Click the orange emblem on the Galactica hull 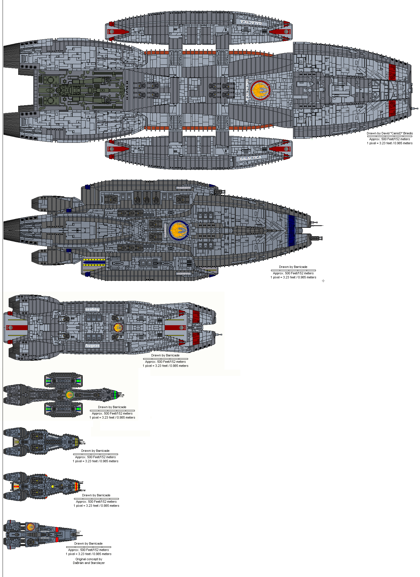tap(261, 90)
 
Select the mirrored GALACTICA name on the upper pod tap(250, 22)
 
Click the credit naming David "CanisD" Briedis tap(390, 133)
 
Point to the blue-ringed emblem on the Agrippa tap(179, 230)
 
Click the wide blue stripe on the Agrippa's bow tap(291, 230)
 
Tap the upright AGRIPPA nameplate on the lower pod tap(184, 273)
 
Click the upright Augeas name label tap(92, 345)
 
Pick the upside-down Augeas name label tap(92, 309)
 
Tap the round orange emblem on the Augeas tap(118, 328)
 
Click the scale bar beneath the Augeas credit tap(165, 358)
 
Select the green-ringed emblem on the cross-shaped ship tap(69, 395)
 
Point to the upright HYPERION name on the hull tap(53, 447)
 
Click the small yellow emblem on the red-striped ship tap(53, 487)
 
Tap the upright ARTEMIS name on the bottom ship tap(45, 538)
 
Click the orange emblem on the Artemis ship tap(31, 527)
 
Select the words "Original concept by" tap(89, 559)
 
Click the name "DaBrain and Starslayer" tap(89, 563)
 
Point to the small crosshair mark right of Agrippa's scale tap(323, 281)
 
